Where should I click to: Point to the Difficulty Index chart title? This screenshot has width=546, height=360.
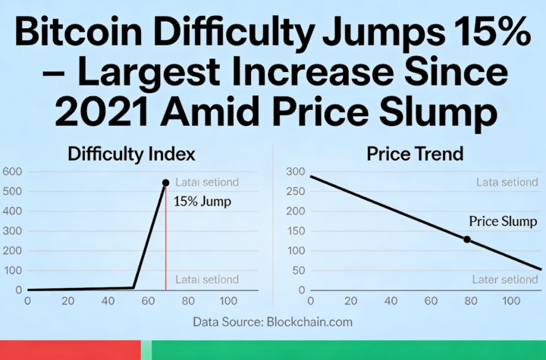pyautogui.click(x=132, y=154)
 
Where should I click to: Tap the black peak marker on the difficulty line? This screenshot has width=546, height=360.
pyautogui.click(x=165, y=183)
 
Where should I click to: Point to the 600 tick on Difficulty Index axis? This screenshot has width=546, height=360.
pyautogui.click(x=12, y=172)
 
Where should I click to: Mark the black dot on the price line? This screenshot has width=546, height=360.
pyautogui.click(x=467, y=239)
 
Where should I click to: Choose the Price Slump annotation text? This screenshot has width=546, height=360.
pyautogui.click(x=499, y=221)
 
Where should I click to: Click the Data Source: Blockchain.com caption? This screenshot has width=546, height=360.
pyautogui.click(x=272, y=321)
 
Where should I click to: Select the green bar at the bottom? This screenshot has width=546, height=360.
pyautogui.click(x=349, y=350)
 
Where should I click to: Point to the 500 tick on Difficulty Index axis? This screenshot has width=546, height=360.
pyautogui.click(x=12, y=192)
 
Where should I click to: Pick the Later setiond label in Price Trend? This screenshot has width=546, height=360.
pyautogui.click(x=505, y=280)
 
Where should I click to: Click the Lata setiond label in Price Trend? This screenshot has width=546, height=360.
pyautogui.click(x=507, y=182)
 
